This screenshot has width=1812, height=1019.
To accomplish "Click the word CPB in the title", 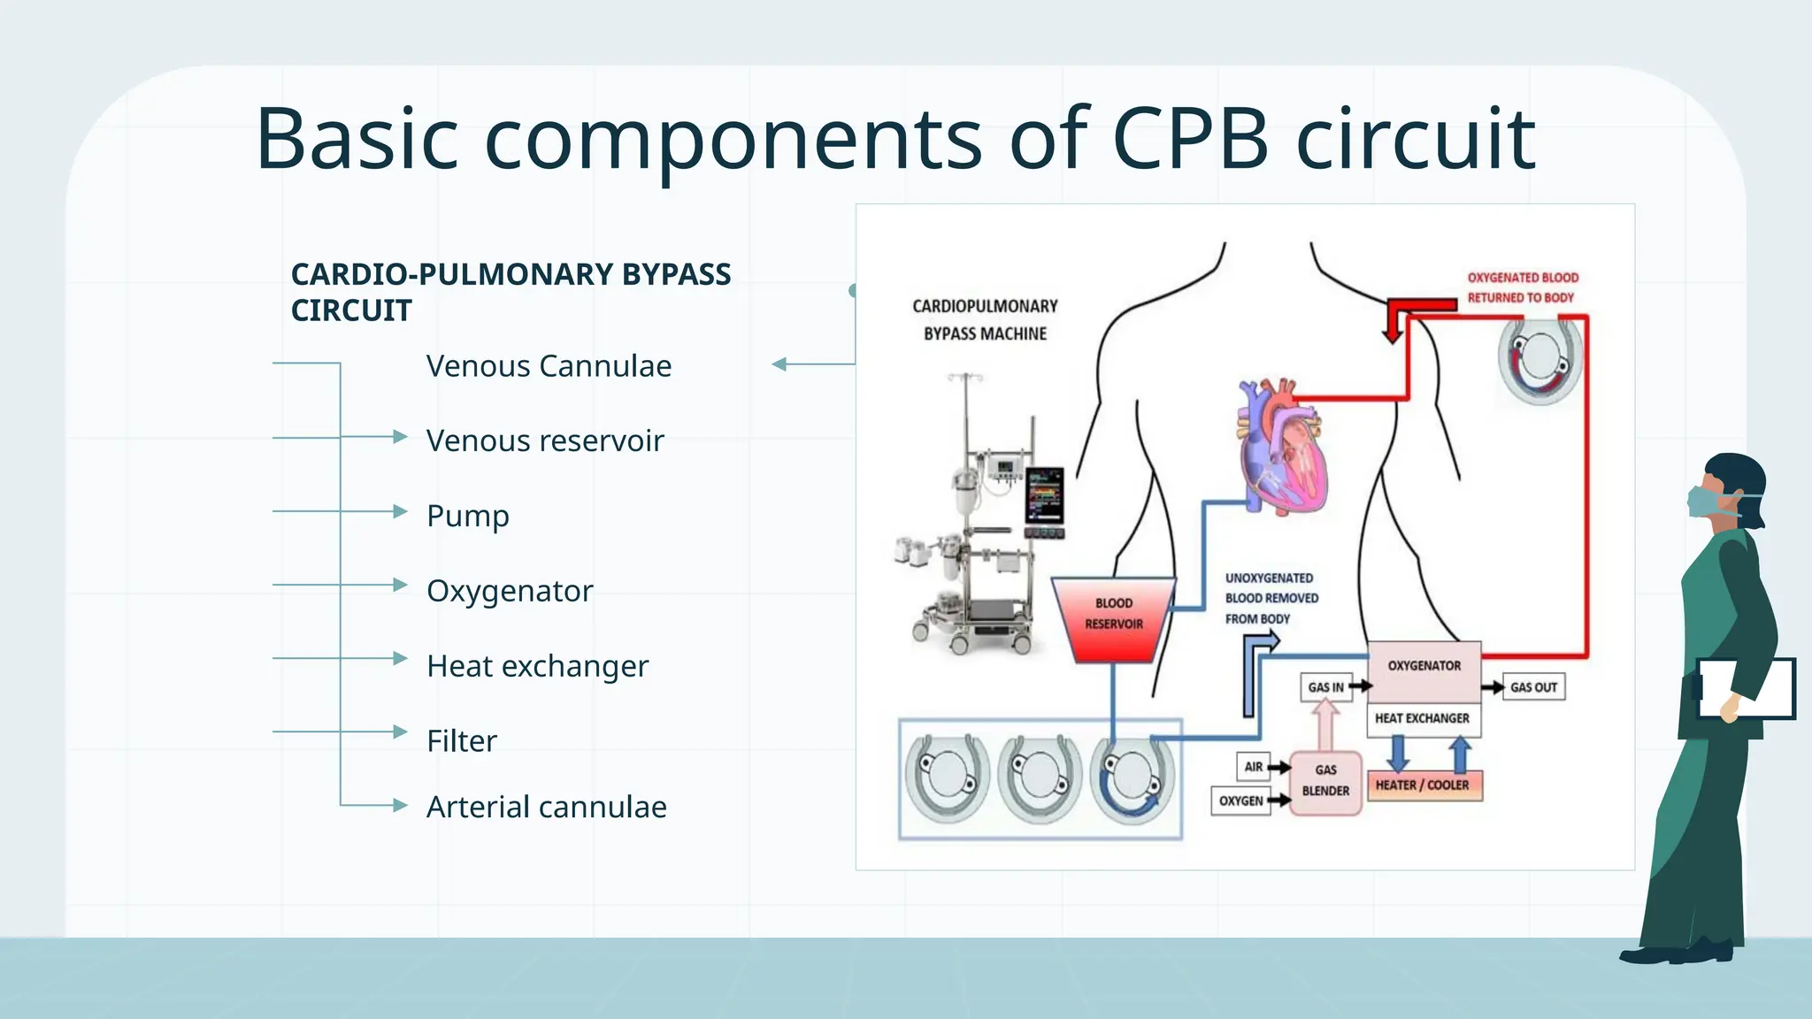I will tap(1190, 139).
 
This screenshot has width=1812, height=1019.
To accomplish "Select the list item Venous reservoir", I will tap(544, 441).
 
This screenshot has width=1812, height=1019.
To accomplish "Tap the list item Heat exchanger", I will tap(537, 666).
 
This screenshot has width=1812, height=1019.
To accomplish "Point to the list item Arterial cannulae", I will tap(546, 807).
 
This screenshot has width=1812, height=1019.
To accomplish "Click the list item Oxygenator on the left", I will tap(510, 591).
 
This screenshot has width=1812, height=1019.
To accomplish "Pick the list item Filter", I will tap(461, 741).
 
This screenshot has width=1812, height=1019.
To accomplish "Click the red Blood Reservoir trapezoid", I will tap(1113, 618).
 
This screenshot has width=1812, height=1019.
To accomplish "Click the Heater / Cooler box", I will tap(1423, 785).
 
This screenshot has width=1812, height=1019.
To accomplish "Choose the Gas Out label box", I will tap(1533, 687).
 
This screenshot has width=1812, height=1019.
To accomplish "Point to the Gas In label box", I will tap(1325, 687).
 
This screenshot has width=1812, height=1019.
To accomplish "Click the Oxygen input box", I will tap(1240, 801).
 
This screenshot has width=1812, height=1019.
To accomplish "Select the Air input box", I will tap(1253, 767).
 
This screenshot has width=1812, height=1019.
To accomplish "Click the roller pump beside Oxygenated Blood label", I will tap(1539, 358).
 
